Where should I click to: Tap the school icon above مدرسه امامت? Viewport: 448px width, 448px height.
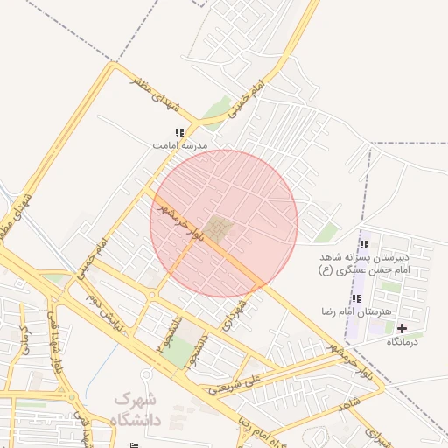[x=179, y=132]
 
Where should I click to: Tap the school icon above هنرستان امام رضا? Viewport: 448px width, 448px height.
[x=356, y=299]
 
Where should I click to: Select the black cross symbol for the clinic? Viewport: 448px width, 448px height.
[x=402, y=329]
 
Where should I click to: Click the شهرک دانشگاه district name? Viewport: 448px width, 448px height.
[x=137, y=409]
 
